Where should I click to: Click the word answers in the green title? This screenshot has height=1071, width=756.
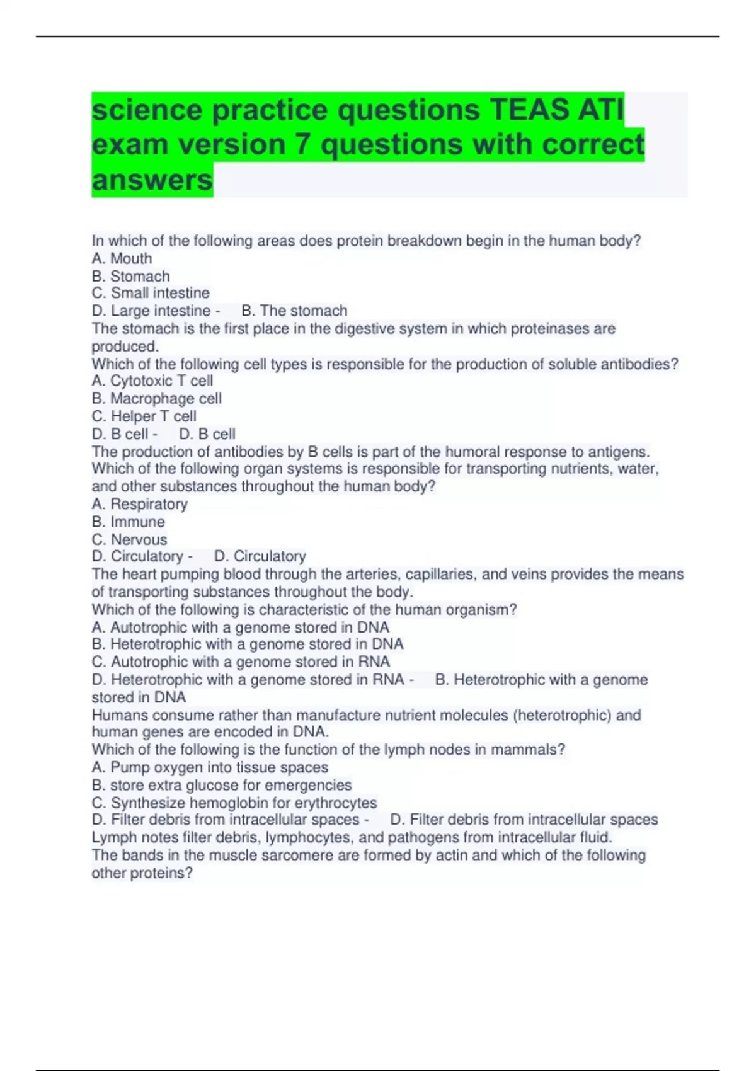[152, 180]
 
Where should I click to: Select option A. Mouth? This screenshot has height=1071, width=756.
[122, 258]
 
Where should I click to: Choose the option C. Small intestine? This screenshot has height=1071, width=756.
[151, 293]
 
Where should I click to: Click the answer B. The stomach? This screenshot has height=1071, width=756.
[294, 311]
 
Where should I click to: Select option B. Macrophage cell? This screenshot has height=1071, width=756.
[156, 398]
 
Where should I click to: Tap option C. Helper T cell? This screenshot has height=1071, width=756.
[144, 416]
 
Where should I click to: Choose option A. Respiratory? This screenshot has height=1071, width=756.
[139, 504]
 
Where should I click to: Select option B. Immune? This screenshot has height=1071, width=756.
[128, 522]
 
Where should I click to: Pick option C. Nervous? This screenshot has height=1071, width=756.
[129, 539]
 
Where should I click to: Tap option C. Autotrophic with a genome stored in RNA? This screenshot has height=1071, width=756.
[241, 661]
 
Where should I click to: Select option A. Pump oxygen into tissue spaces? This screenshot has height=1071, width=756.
[210, 767]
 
